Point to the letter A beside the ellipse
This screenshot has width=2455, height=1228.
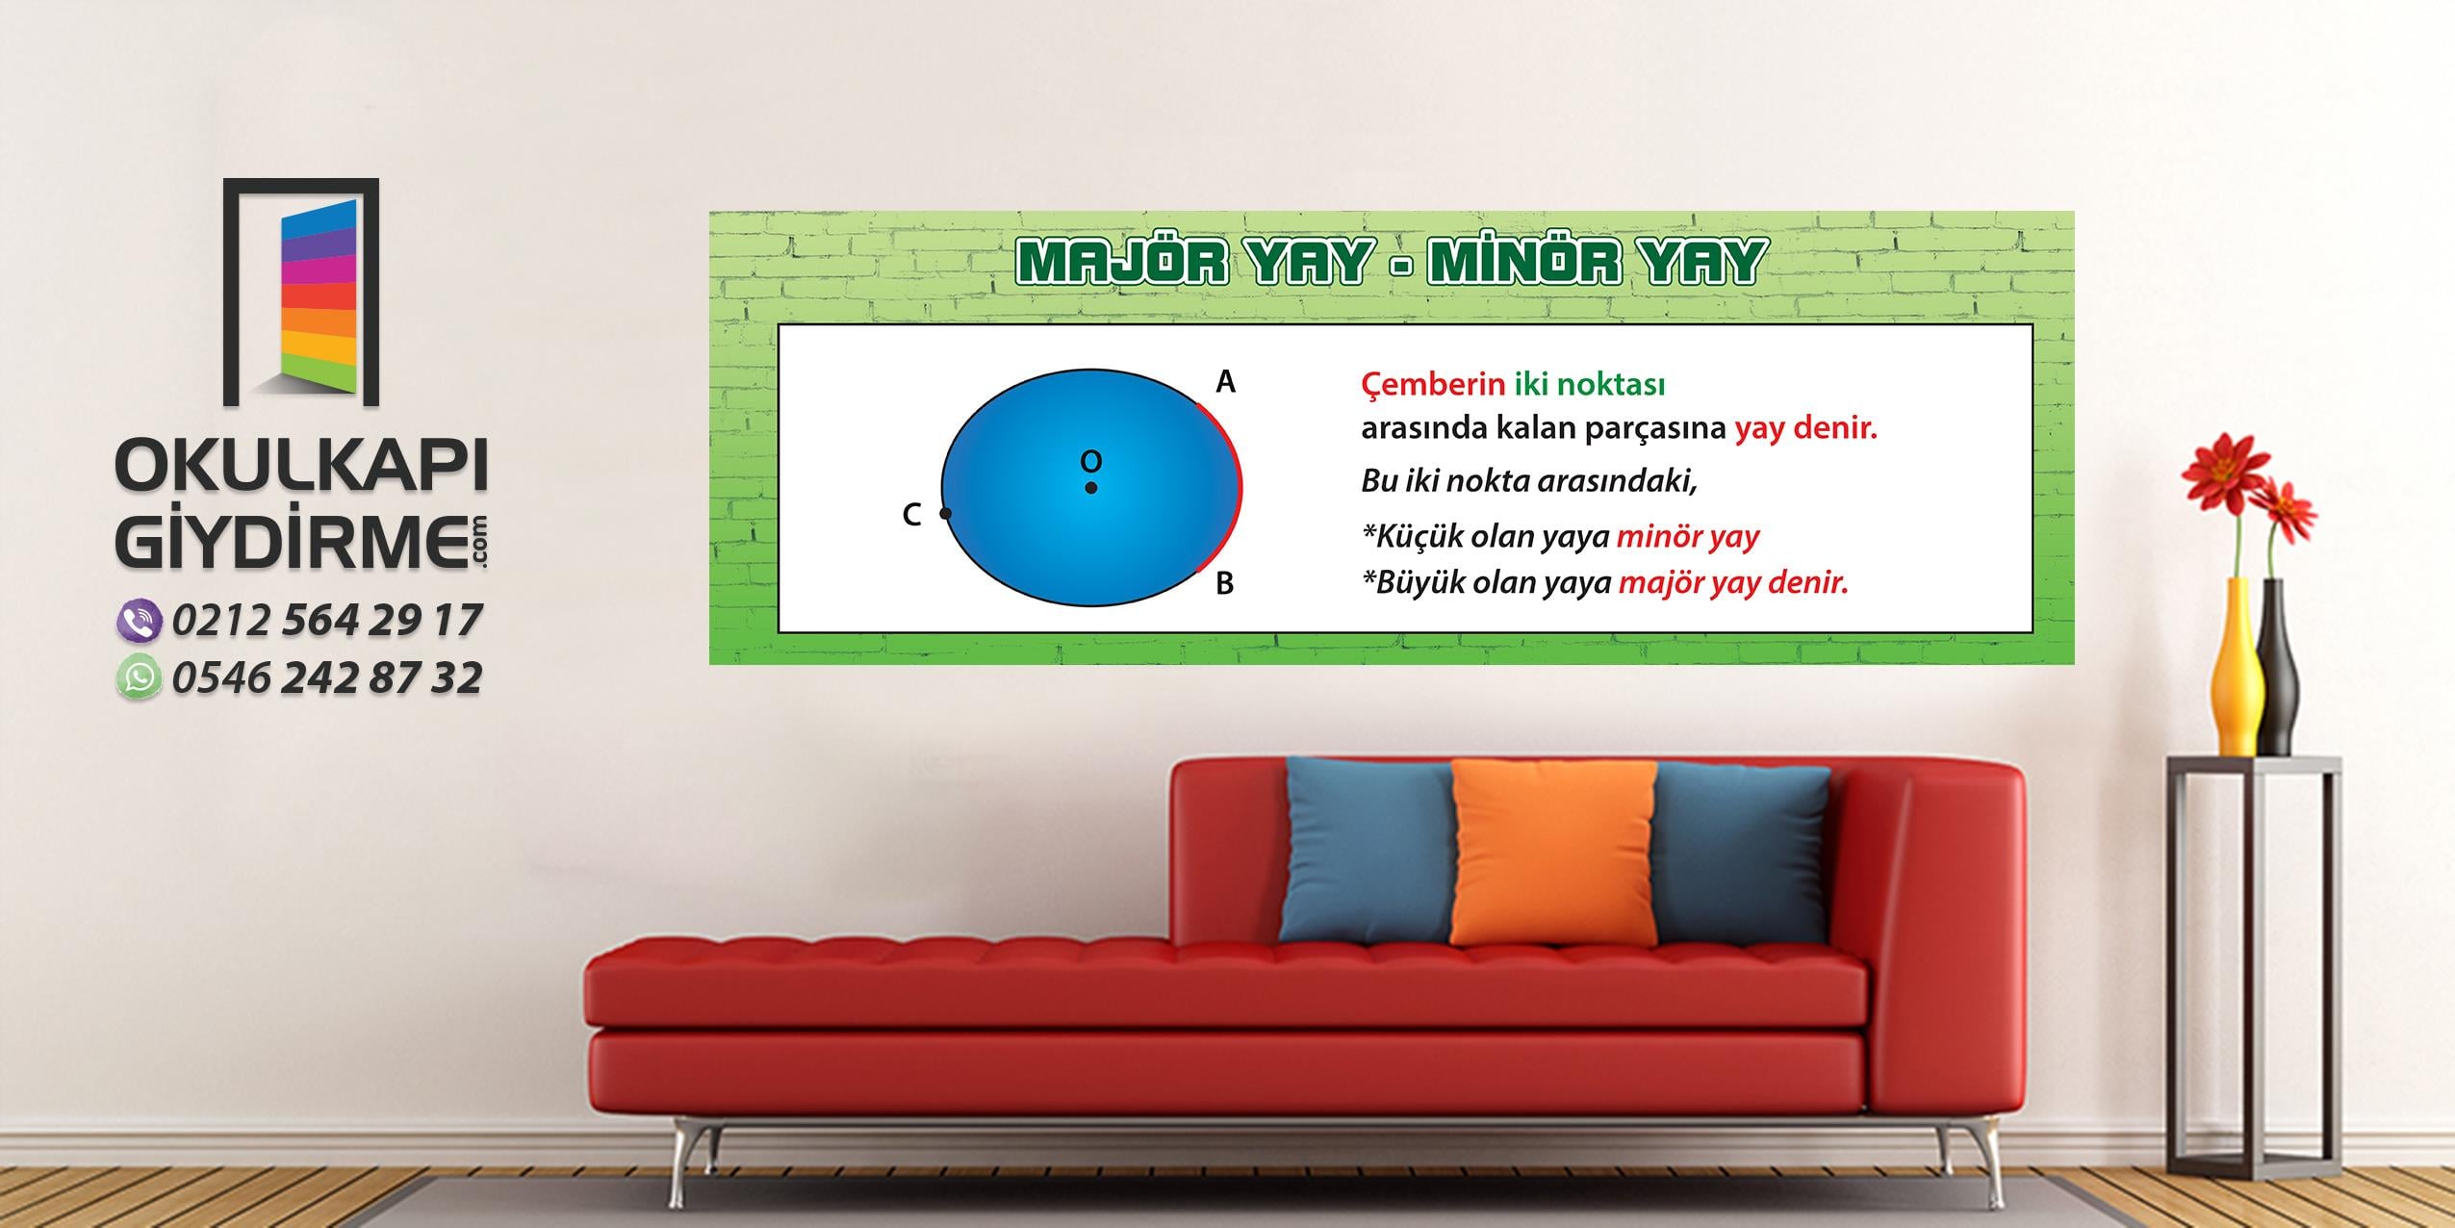[1225, 382]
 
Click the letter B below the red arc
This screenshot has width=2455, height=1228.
[1224, 583]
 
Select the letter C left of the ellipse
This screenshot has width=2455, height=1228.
[911, 516]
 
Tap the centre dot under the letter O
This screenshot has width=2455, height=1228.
[1090, 488]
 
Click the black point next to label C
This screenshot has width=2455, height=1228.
[946, 514]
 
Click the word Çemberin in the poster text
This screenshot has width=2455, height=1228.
[1433, 385]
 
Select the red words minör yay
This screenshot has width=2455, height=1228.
[1688, 536]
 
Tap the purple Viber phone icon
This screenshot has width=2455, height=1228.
[140, 621]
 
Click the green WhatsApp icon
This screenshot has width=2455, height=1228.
[140, 678]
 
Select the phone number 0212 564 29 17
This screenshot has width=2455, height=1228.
[327, 621]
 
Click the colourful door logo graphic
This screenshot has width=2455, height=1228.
[301, 293]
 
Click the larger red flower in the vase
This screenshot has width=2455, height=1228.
[2225, 469]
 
